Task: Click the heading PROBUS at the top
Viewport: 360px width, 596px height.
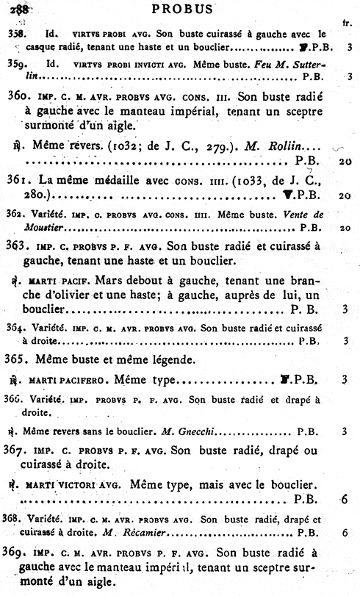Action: [180, 9]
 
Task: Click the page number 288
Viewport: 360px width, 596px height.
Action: [17, 10]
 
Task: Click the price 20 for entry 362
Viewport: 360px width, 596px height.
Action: [344, 228]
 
